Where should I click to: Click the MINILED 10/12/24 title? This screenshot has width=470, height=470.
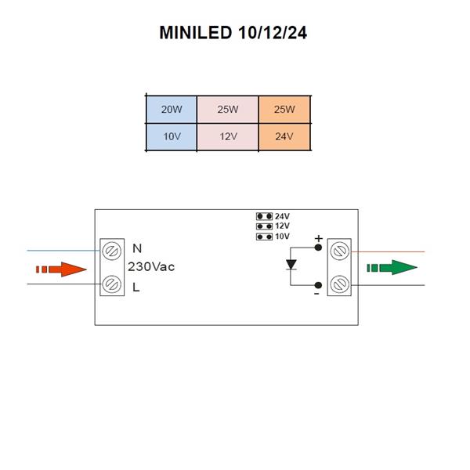pos(233,33)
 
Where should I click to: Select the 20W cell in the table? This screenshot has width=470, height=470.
pos(172,110)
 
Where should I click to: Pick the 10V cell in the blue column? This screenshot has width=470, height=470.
pos(172,136)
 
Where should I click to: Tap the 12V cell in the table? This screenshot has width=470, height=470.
pos(228,136)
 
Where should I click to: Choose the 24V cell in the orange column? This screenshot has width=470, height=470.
pos(284,136)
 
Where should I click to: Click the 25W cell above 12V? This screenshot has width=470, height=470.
pos(228,110)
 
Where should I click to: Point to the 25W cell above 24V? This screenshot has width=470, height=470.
pos(284,110)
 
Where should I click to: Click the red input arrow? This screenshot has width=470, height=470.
pos(61,269)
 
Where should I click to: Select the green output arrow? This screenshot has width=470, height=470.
pos(392,267)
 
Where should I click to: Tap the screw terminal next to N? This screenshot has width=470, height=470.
pos(111,251)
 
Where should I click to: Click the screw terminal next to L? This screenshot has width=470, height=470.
pos(111,284)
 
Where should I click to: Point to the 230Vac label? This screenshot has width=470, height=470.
pos(151,267)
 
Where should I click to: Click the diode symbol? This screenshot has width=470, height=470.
pos(291,265)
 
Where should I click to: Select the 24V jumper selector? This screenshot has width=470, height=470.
pos(265,216)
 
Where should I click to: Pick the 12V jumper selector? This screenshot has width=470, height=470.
pos(265,226)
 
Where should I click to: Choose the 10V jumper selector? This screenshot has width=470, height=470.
pos(265,237)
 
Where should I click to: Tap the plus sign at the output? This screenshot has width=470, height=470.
pos(319,239)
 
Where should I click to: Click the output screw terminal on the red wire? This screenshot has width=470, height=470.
pos(340,251)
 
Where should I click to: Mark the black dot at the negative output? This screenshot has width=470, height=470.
pos(318,285)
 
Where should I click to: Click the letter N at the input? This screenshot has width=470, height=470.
pos(137,248)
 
